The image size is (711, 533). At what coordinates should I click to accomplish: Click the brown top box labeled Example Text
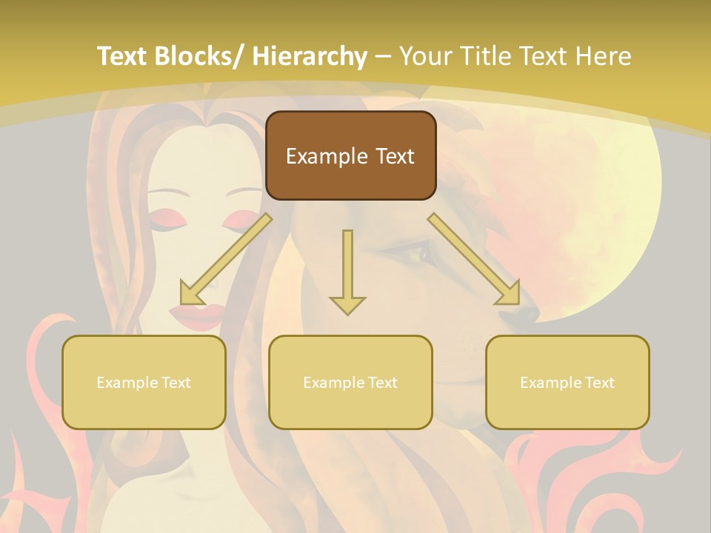(x=350, y=155)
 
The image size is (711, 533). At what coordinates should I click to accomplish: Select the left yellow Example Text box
(x=144, y=382)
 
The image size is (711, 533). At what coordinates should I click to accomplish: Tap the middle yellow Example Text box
(x=350, y=382)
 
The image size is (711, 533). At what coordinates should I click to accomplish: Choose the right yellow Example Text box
(x=567, y=382)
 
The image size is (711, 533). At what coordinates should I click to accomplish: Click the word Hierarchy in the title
(x=310, y=56)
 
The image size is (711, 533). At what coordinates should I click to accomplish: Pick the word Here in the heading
(x=605, y=56)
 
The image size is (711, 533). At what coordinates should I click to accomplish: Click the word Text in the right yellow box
(x=599, y=383)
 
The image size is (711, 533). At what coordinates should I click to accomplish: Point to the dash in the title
(x=384, y=57)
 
